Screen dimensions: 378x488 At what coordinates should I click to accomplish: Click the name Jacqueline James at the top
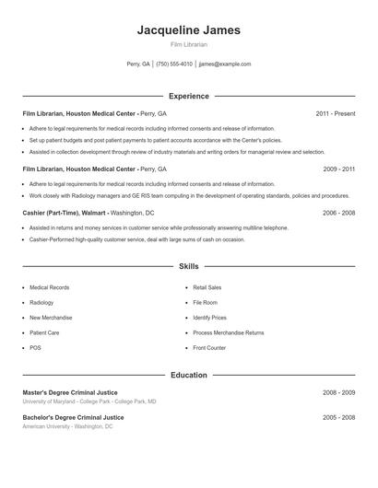pos(189,29)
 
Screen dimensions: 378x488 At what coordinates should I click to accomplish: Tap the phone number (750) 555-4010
pos(174,64)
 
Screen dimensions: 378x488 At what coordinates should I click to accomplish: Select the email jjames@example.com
pos(225,64)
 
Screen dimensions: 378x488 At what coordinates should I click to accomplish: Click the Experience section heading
pos(189,96)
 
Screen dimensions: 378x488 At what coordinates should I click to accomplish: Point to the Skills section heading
pos(189,266)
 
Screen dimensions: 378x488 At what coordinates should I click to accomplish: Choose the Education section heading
pos(189,376)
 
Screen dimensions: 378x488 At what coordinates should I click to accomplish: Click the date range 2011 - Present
pos(335,114)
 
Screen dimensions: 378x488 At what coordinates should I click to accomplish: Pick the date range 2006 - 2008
pos(338,213)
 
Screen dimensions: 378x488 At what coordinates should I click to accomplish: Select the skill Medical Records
pos(49,288)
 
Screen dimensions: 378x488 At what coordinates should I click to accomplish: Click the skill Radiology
pos(41,303)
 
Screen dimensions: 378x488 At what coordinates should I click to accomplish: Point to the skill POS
pos(35,348)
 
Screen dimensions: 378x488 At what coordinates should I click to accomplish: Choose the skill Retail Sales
pos(207,288)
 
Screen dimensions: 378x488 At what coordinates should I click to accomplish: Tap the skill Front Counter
pos(209,348)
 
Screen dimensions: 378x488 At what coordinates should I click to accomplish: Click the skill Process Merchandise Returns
pos(229,332)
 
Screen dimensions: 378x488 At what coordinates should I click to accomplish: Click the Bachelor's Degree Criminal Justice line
pos(73,418)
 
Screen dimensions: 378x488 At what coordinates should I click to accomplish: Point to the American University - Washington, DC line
pos(67,427)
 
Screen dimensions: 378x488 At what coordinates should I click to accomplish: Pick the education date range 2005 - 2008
pos(338,418)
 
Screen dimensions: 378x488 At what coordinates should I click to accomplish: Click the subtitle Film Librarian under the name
pos(189,44)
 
